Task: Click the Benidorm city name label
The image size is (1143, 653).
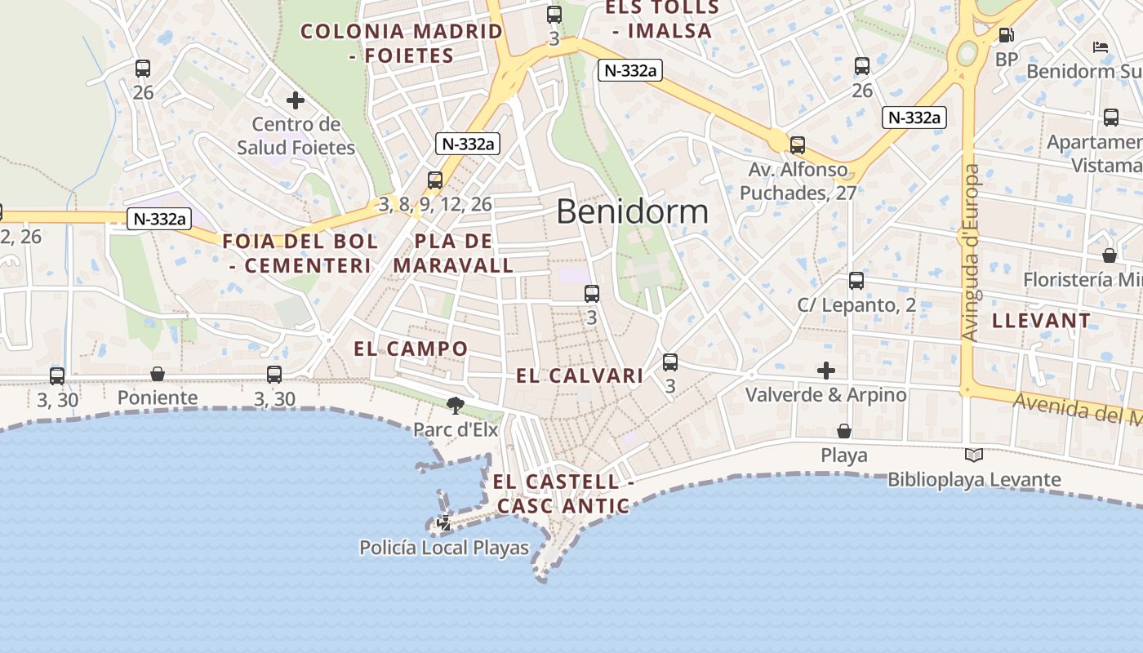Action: pos(632,211)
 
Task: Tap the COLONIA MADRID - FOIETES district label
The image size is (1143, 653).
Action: pos(402,43)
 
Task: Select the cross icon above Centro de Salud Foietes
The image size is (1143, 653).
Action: pos(296,100)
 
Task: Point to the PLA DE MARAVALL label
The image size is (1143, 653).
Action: pos(454,253)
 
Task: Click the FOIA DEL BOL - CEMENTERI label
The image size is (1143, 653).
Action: pos(300,253)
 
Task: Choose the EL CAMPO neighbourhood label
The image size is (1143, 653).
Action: pos(411,349)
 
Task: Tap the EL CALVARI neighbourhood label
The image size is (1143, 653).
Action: pos(580,375)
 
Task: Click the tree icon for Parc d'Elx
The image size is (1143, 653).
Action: pos(456,405)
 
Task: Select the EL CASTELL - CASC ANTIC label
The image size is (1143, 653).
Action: pos(563,494)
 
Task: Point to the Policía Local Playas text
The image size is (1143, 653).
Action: pos(444,548)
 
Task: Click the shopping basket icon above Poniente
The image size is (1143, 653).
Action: pos(158,374)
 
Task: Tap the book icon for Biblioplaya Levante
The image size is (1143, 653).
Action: pos(974,455)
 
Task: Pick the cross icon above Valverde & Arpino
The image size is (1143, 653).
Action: pos(826,371)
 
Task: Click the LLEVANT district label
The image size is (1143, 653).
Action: pos(1041,321)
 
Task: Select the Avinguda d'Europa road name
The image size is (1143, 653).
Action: pos(970,253)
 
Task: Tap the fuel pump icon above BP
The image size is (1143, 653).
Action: pos(1007,35)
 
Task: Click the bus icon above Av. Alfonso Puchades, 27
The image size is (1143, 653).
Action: pos(798,145)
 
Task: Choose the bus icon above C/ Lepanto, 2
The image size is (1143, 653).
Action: pos(856,281)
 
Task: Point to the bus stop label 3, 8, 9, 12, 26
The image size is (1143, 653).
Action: pos(435,204)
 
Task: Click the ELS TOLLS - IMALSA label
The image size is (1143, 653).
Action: pos(662,20)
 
